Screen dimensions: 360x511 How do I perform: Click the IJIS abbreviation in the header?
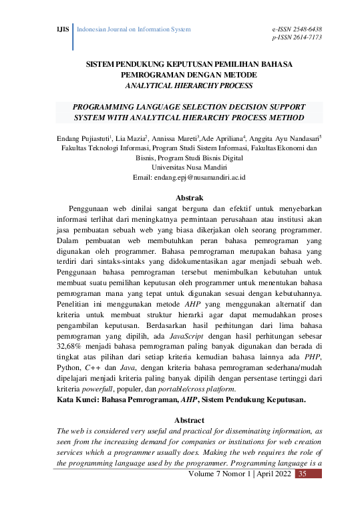pos(63,30)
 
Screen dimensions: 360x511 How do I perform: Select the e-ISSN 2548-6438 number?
pos(297,29)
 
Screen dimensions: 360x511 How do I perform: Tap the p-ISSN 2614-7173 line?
pos(297,38)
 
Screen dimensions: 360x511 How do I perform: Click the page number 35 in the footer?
pos(302,474)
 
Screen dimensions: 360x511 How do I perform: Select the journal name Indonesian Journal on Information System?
pos(134,30)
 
